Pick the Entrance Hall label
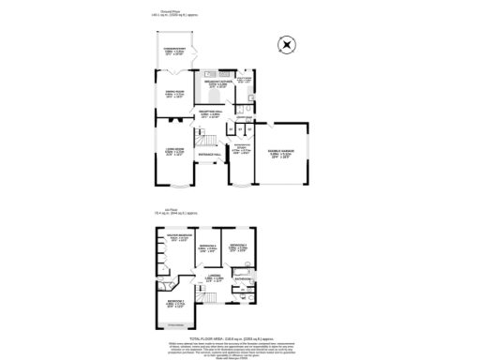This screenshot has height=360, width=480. point(208,157)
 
